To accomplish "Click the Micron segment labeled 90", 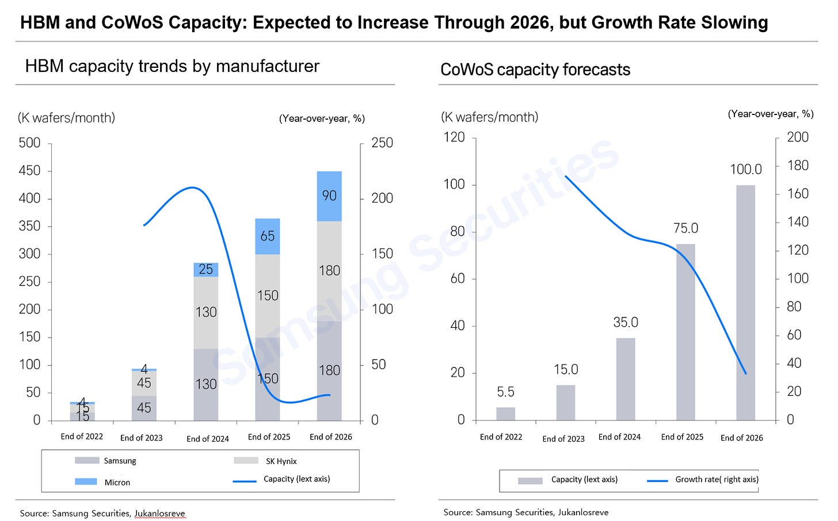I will tap(329, 196).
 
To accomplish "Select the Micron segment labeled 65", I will tap(268, 236).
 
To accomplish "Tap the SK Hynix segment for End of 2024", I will tap(206, 312).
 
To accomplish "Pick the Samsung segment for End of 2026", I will tap(329, 371).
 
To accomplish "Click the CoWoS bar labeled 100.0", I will tap(745, 302).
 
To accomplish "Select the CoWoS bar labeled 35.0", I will tap(626, 379).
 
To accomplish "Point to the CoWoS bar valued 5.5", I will tap(505, 413).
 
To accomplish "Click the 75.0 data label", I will tap(685, 228).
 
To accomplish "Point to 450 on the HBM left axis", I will tap(30, 171).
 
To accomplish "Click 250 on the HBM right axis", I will tap(382, 143).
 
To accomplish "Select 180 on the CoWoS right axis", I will tap(798, 166).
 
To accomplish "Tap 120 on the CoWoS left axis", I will tap(454, 137).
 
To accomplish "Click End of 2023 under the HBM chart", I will tap(142, 438).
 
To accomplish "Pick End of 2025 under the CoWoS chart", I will tap(682, 437).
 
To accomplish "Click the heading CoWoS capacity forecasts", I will tap(535, 70).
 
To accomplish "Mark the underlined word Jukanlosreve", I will tap(160, 514).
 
